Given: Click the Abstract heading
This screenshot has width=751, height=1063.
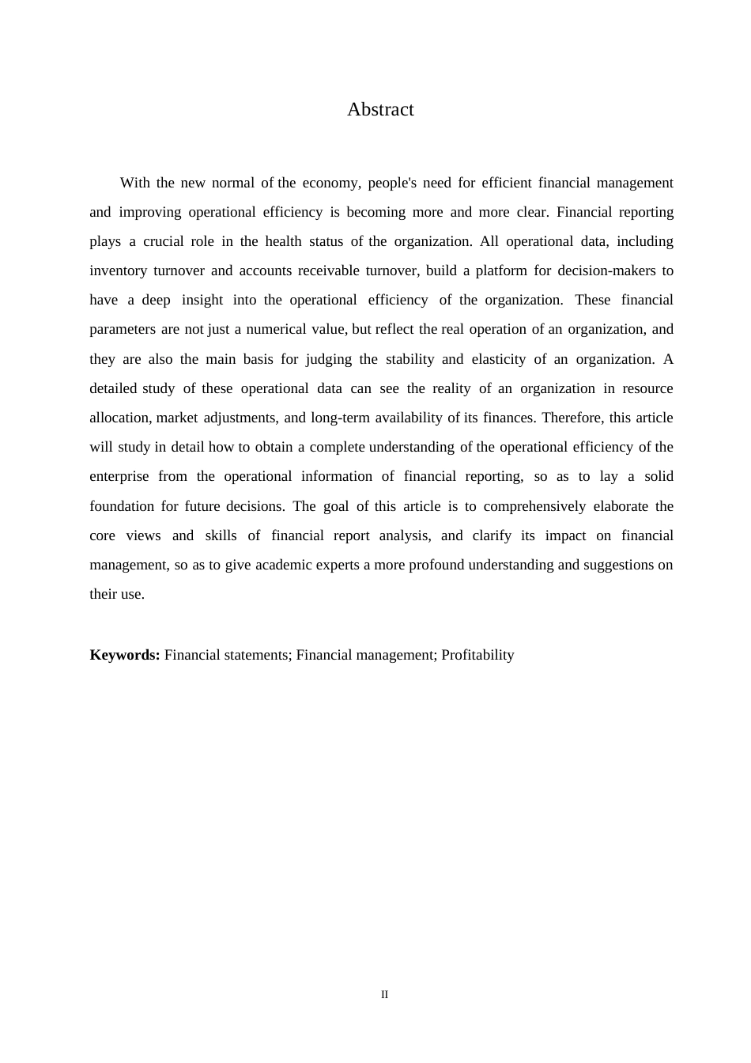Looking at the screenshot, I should coord(380,109).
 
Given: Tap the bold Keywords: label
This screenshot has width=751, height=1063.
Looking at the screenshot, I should coord(125,655).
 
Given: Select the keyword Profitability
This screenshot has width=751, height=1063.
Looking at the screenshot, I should coord(477,655).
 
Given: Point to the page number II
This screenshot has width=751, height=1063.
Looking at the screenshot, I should coord(385,995).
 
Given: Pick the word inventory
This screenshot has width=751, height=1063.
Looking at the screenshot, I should coord(118,270).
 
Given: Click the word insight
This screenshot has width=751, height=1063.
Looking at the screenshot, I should coord(202,300).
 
